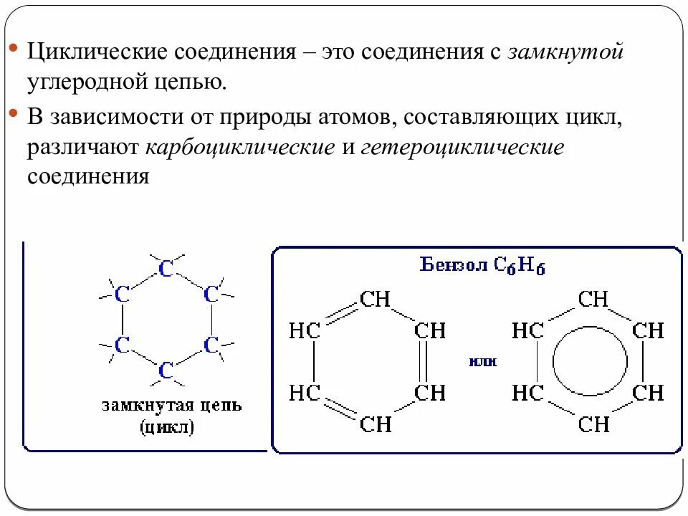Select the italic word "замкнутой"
(567, 53)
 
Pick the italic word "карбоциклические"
(241, 147)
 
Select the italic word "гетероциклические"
(463, 147)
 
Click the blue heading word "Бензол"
(453, 264)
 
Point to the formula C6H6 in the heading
(520, 265)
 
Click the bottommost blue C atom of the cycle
(166, 371)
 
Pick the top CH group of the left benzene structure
(375, 299)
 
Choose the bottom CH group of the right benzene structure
(594, 424)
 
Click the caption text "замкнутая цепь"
(171, 406)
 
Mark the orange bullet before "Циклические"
(14, 49)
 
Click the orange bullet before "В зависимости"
(14, 113)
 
